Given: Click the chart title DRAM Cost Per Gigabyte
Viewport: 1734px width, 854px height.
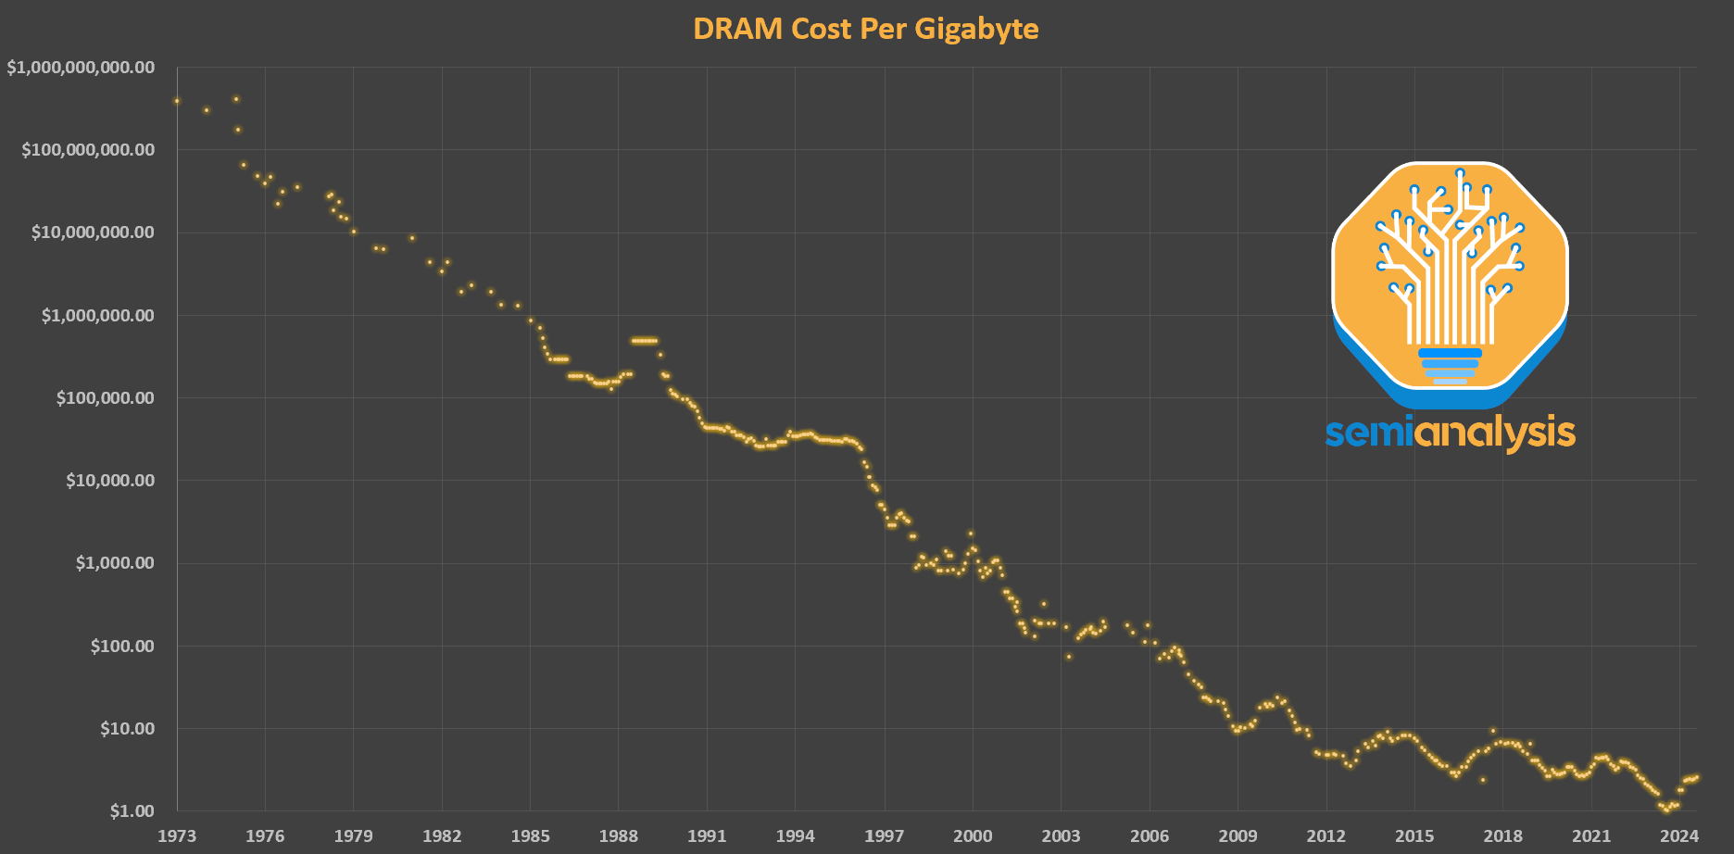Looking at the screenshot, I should (x=865, y=29).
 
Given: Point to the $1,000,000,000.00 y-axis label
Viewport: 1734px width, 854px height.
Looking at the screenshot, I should (x=81, y=68).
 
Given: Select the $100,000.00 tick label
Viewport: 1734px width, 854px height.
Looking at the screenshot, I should (x=105, y=398).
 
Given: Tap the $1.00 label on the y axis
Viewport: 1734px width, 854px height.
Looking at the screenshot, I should (x=132, y=811).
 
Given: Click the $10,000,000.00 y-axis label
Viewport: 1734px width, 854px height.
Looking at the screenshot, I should (x=93, y=232).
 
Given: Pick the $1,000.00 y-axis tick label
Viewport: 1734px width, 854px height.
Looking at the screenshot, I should (x=115, y=563).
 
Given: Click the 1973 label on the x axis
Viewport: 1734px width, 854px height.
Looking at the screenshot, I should (x=176, y=836).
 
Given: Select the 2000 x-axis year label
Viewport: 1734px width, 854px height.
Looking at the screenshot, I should (x=973, y=836).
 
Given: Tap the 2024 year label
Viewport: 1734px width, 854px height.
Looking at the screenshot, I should (x=1679, y=836).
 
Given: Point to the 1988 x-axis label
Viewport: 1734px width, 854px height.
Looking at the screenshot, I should (x=619, y=836).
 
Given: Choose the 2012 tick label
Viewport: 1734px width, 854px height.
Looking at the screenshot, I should (x=1326, y=836).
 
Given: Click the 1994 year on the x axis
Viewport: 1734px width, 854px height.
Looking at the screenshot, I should (x=796, y=836).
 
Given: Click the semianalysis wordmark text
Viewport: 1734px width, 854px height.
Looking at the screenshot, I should (x=1450, y=433).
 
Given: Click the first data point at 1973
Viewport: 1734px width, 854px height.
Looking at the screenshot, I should (x=177, y=101).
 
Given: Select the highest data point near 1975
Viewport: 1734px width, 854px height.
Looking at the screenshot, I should (x=236, y=98).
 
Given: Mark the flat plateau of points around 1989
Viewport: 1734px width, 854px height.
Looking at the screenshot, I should (x=644, y=341).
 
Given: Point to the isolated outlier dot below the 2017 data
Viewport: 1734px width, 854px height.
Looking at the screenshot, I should (x=1482, y=780).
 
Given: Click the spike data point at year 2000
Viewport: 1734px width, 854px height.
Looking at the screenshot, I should (x=971, y=534).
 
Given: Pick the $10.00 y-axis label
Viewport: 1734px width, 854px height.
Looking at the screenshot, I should (x=127, y=729).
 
